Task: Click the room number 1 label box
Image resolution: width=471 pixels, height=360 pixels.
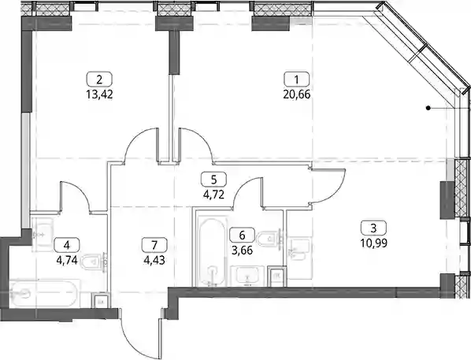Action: (296, 80)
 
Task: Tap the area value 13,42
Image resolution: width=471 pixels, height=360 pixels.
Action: (99, 95)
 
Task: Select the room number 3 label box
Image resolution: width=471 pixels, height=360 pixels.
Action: (373, 228)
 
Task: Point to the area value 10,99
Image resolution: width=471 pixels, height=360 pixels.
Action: (373, 243)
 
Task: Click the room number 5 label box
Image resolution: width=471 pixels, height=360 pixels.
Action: (214, 180)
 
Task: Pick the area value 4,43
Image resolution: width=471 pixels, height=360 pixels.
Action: (154, 260)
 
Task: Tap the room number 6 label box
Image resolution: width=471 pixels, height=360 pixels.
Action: (242, 235)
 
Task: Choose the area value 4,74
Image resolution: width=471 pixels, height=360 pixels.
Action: (67, 260)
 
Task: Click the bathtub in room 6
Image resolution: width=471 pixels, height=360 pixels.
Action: (213, 252)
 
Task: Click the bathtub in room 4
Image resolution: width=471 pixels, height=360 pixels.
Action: (44, 293)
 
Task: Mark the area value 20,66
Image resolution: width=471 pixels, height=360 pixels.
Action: (297, 95)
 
